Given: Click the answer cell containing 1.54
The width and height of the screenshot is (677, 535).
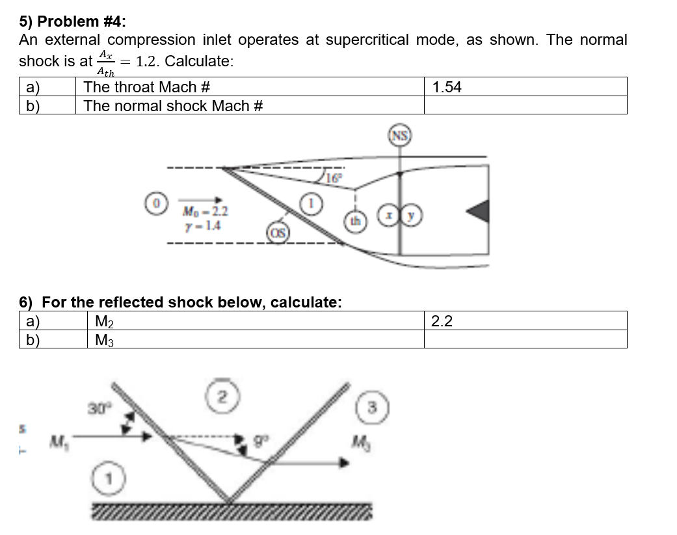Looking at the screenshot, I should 525,87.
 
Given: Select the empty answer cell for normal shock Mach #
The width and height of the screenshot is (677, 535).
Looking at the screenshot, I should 525,105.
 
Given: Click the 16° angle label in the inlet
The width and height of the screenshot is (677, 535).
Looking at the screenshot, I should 332,176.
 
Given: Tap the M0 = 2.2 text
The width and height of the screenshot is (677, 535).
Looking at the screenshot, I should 206,211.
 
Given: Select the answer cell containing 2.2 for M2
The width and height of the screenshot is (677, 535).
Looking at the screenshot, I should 525,320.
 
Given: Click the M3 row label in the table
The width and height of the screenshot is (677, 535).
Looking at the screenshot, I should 103,339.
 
